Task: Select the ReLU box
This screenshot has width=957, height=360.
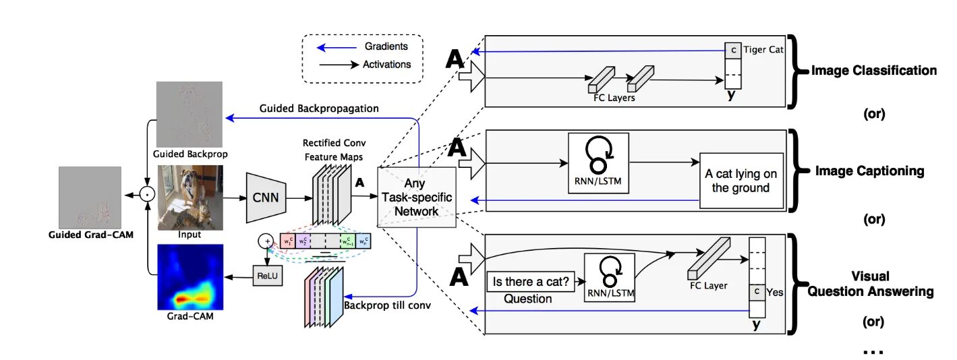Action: click(x=266, y=278)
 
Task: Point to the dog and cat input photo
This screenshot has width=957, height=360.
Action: click(x=190, y=198)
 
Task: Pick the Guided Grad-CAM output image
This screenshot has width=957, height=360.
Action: click(x=90, y=198)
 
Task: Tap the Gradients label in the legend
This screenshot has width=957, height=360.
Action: click(x=386, y=47)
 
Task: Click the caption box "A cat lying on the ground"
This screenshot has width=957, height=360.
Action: click(x=741, y=180)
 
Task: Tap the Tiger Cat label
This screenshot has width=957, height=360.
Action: click(x=764, y=49)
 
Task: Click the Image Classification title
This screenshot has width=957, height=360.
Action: click(x=874, y=70)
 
